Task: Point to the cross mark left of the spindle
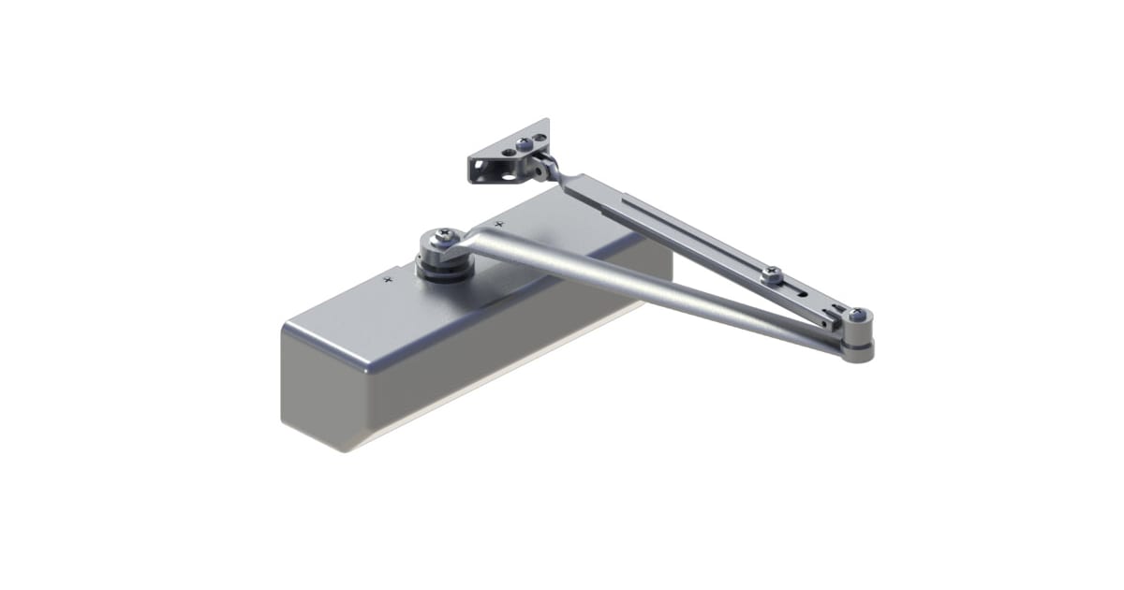tap(388, 278)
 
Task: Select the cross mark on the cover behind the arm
tap(498, 224)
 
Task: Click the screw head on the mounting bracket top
tap(523, 144)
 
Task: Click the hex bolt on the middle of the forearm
tap(771, 274)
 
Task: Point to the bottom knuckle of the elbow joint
tap(857, 351)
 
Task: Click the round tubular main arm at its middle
tap(646, 289)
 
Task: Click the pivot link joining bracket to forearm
tap(543, 168)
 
